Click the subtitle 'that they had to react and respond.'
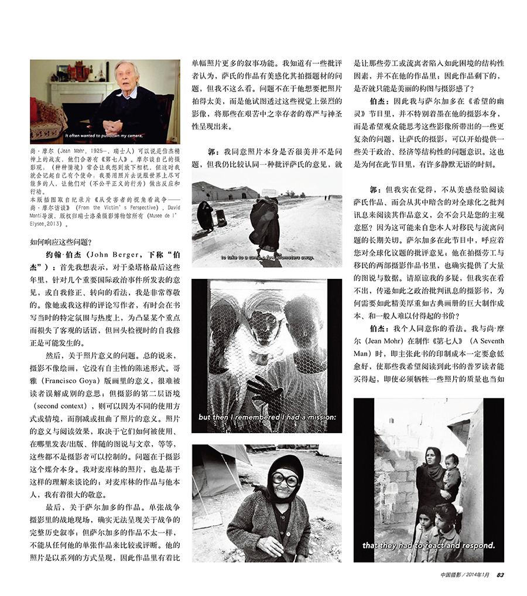point(429,545)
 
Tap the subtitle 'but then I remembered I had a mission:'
point(268,417)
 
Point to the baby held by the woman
point(450,472)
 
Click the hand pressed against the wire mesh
point(263,389)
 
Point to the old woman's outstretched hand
point(271,547)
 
